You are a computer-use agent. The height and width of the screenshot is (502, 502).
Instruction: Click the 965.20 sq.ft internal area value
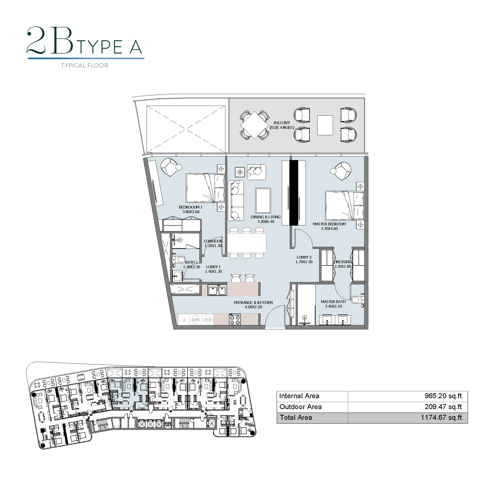tap(443, 396)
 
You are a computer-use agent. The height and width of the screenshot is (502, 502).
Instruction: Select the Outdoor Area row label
tap(300, 407)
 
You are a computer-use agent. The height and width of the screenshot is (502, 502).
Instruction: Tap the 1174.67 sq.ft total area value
tap(441, 417)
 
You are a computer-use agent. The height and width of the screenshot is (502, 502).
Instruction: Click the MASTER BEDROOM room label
tap(329, 224)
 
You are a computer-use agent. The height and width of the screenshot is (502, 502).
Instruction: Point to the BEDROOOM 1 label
tap(191, 207)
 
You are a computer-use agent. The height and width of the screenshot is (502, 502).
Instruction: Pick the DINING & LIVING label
tap(265, 217)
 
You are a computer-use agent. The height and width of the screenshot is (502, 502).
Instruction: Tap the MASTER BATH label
tap(333, 302)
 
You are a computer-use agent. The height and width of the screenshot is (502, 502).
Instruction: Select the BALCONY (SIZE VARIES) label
tap(282, 125)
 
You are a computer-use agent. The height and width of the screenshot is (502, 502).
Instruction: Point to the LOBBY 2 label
tap(304, 257)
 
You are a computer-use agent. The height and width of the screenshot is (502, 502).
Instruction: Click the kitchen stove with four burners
tap(235, 319)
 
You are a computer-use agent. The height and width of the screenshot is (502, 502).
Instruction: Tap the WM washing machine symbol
tap(195, 319)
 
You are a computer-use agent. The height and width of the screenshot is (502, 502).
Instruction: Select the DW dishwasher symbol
tap(207, 319)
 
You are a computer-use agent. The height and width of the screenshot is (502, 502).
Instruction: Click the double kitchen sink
tap(217, 290)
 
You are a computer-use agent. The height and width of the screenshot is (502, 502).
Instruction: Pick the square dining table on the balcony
tap(254, 125)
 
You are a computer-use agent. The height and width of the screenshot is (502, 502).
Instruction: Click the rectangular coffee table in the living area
tap(263, 201)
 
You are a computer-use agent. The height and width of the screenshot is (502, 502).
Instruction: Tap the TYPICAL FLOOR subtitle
tap(85, 66)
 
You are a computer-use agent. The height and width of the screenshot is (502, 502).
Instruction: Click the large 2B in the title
tap(50, 41)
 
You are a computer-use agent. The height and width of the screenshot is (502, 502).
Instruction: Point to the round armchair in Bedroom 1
tap(170, 167)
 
